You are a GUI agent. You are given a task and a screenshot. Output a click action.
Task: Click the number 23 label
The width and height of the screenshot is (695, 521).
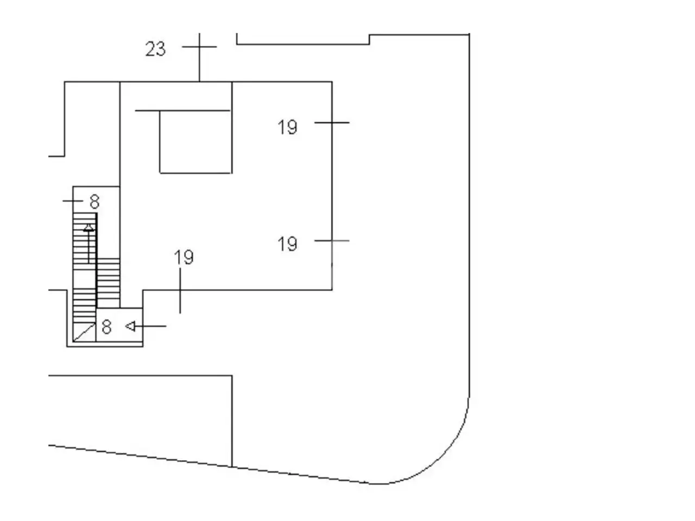tap(155, 49)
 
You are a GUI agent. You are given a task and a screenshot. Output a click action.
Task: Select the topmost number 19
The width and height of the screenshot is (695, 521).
tap(287, 127)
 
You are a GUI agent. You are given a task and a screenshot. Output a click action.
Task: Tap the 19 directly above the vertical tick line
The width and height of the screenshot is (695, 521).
tap(184, 257)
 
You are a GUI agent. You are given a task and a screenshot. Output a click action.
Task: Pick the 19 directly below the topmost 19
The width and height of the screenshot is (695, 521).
tap(287, 244)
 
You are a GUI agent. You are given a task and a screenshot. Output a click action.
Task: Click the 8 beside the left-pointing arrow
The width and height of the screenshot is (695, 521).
tap(107, 327)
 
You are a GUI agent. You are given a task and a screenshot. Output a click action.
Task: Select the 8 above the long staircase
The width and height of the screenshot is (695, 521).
tap(94, 201)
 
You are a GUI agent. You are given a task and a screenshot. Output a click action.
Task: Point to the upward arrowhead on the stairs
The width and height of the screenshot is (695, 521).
tap(89, 228)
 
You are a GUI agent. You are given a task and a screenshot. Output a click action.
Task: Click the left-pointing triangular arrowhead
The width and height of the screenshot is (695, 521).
tap(130, 326)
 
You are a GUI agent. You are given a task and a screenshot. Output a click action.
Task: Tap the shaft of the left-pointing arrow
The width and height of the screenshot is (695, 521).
tap(150, 326)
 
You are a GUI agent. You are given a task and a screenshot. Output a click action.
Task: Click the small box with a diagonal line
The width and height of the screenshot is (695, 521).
tap(84, 332)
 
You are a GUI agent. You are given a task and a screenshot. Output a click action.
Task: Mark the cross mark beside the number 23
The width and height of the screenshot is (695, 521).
tap(199, 47)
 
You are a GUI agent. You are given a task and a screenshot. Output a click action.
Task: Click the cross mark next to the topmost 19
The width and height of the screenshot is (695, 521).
tap(332, 123)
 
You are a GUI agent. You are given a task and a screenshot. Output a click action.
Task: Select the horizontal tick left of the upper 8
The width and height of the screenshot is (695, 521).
tap(73, 201)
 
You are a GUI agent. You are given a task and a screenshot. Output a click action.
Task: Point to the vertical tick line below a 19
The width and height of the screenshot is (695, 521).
tap(180, 291)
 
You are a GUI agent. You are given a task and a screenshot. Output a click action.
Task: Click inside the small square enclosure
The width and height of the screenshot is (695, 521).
tap(195, 142)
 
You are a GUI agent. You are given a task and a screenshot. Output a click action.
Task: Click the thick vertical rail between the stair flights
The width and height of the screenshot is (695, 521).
tap(96, 260)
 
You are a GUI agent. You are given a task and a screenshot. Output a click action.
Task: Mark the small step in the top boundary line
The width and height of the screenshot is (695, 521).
tap(369, 39)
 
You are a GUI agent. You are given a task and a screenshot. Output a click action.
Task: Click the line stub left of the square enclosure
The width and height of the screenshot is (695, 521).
tap(147, 111)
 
